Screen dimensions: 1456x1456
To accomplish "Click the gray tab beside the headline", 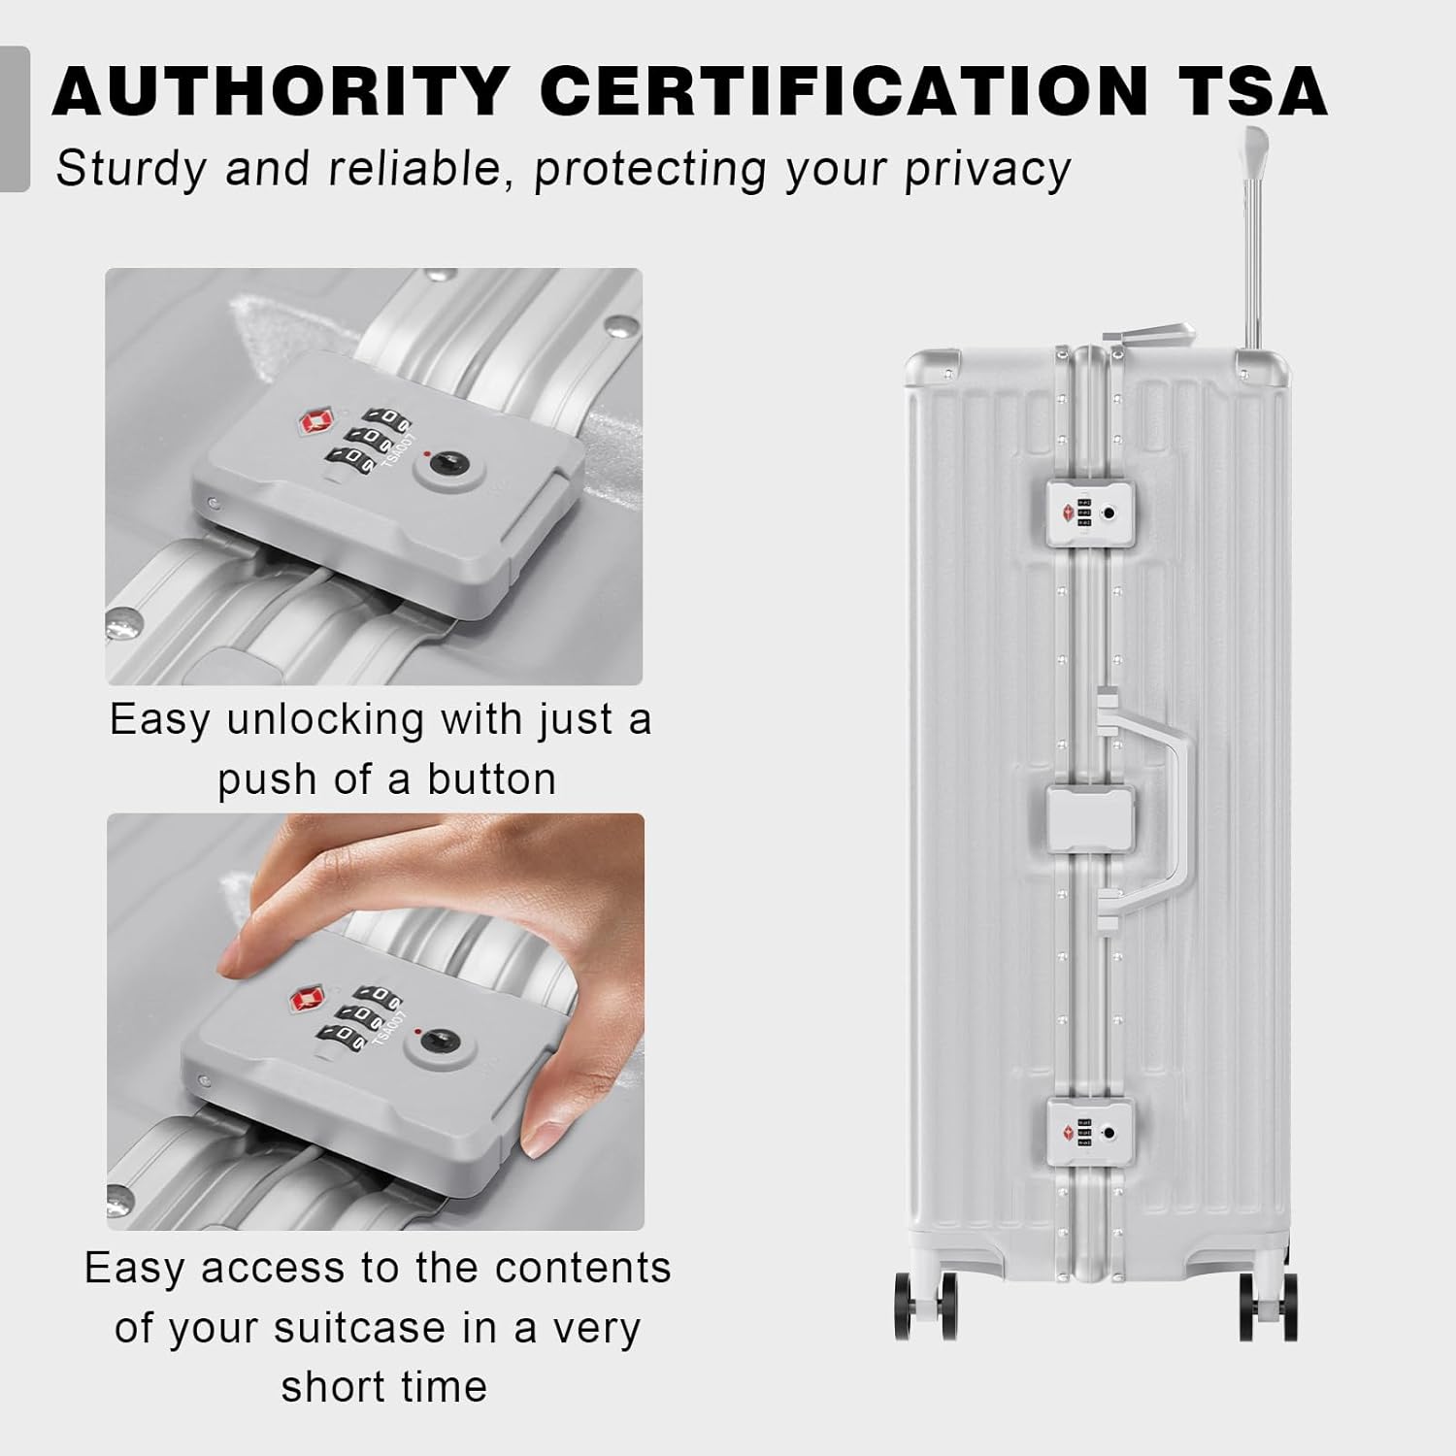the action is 15,118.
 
